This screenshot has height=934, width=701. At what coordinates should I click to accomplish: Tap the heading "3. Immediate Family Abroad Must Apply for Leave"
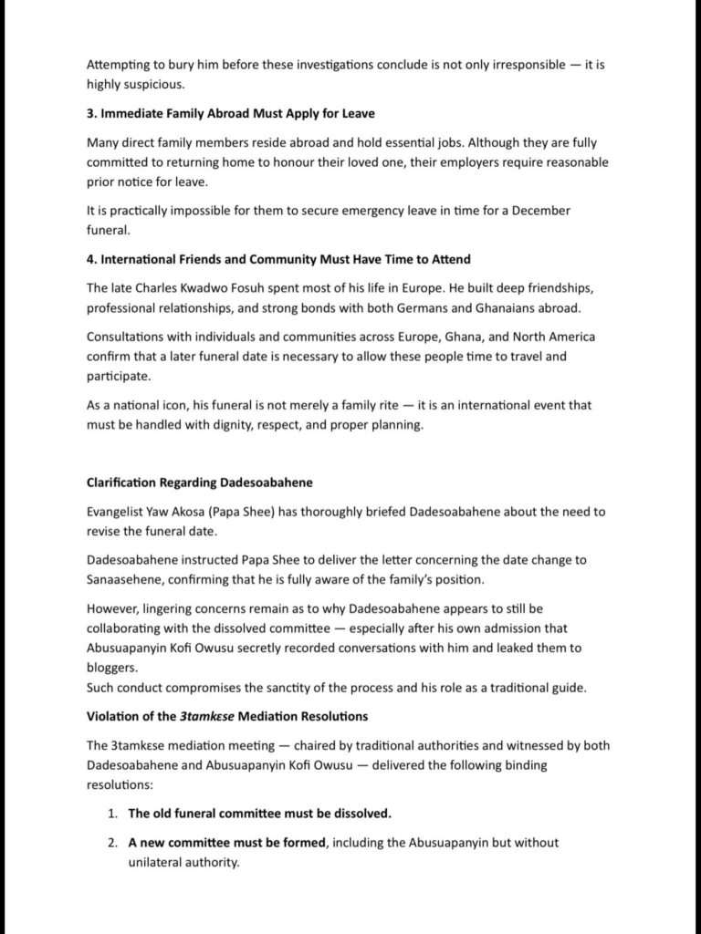click(231, 114)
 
